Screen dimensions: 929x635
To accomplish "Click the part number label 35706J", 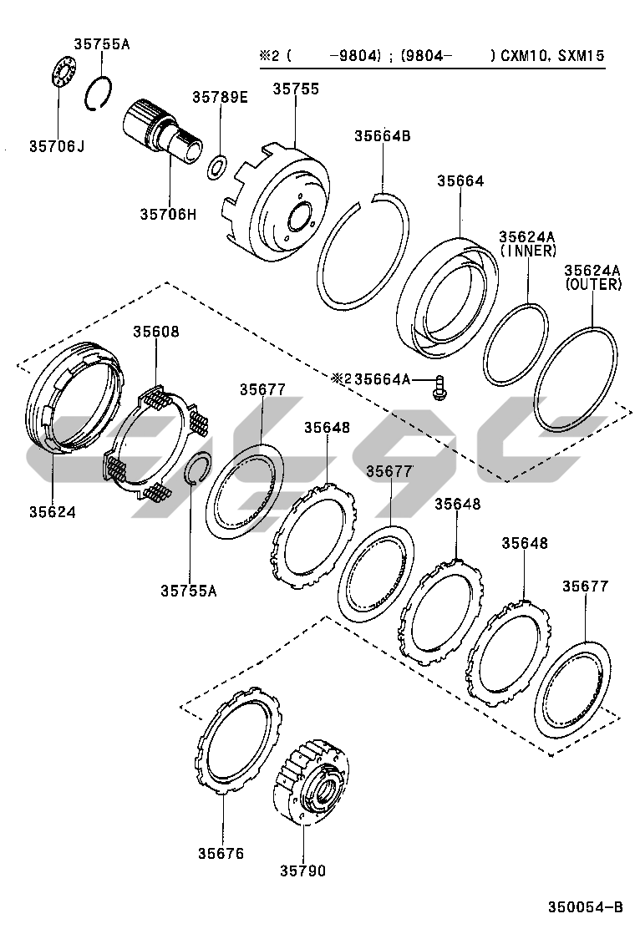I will pyautogui.click(x=57, y=146).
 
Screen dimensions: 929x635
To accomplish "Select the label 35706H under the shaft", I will pyautogui.click(x=168, y=214).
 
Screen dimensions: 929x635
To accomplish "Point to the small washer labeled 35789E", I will pyautogui.click(x=217, y=166).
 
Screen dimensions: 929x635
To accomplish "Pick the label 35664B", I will pyautogui.click(x=382, y=136).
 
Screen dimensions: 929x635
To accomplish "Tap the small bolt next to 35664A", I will pyautogui.click(x=438, y=385).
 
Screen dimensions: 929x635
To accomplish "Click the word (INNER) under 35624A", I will pyautogui.click(x=528, y=250).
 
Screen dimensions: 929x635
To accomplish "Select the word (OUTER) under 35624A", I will pyautogui.click(x=593, y=284).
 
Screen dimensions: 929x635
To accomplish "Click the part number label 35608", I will pyautogui.click(x=156, y=331).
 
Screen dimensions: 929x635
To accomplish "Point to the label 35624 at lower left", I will pyautogui.click(x=53, y=511).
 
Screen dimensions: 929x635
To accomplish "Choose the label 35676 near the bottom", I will pyautogui.click(x=221, y=853).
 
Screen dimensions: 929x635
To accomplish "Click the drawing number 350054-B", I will pyautogui.click(x=586, y=907).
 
